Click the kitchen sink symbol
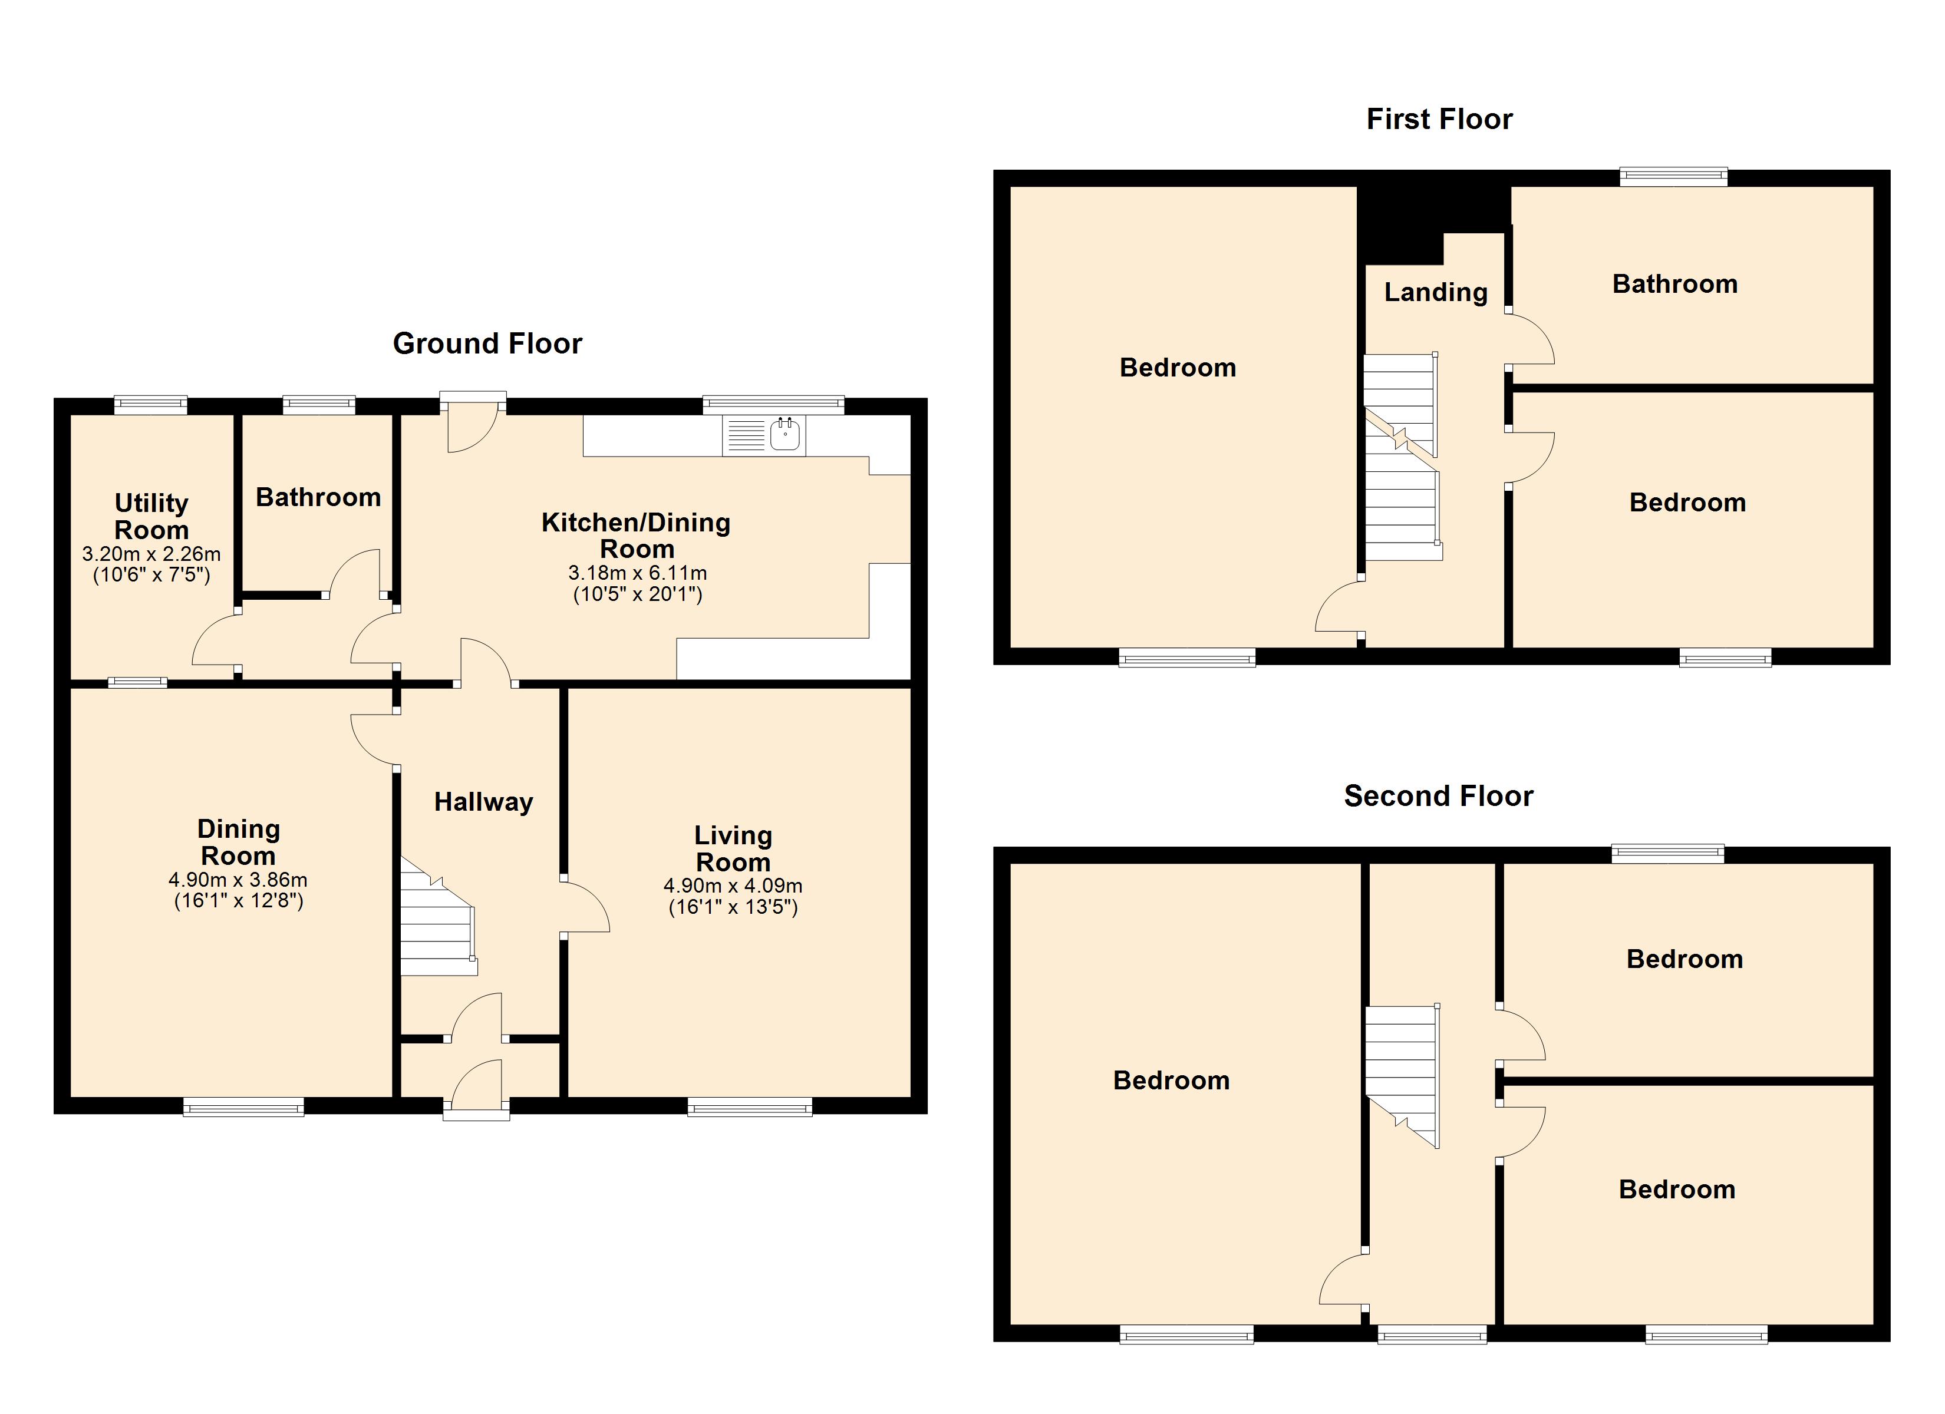coord(763,435)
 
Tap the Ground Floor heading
coord(487,344)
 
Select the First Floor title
coord(1439,119)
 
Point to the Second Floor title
coord(1438,797)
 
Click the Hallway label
coord(484,802)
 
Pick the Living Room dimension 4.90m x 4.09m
coord(733,886)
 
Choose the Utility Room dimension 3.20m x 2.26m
coord(151,554)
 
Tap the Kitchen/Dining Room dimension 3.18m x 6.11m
coord(637,573)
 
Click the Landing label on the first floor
coord(1436,292)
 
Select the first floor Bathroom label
coord(1675,284)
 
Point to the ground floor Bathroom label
coord(318,497)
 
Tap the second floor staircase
coord(1402,1076)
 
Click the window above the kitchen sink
coord(773,404)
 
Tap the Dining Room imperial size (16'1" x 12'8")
coord(238,900)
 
